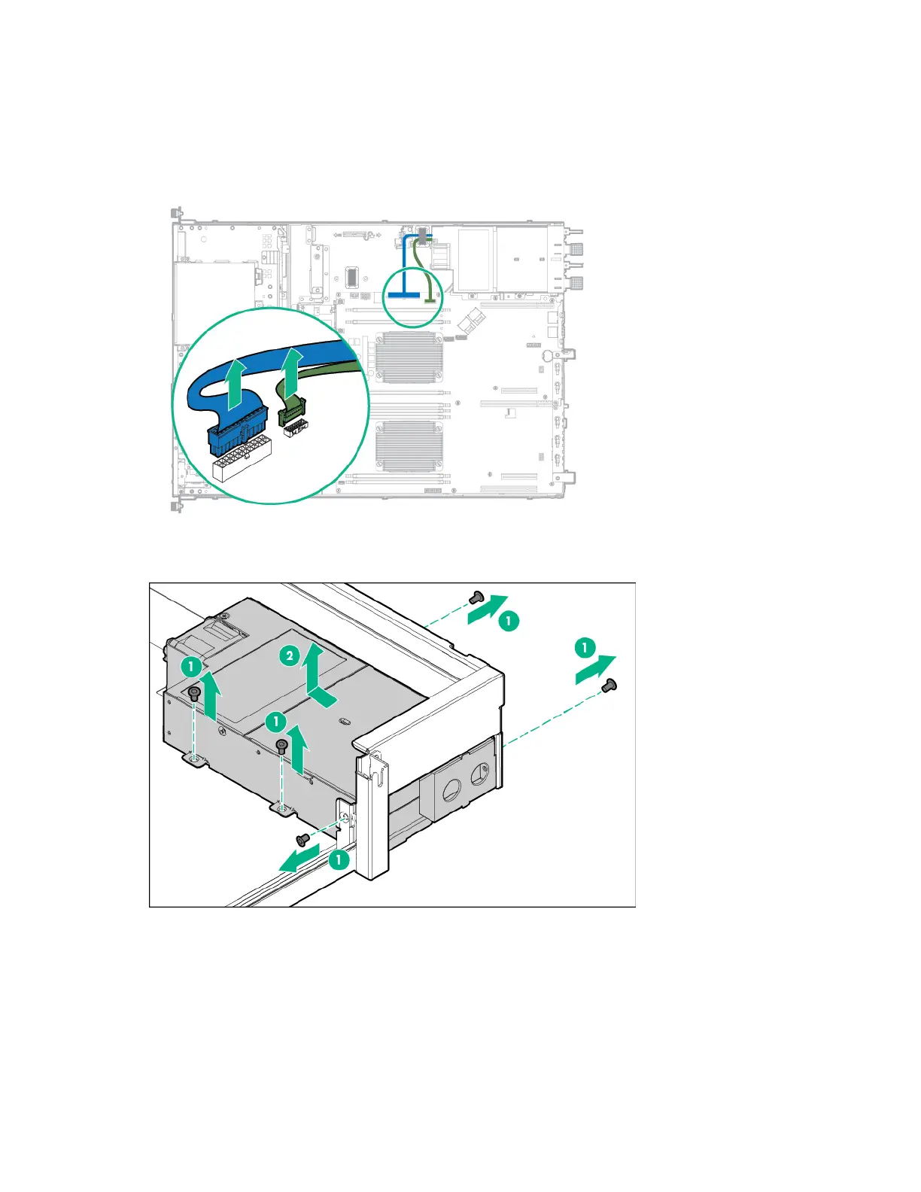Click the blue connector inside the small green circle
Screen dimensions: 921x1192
click(x=404, y=295)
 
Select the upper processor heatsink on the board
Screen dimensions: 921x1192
click(x=409, y=357)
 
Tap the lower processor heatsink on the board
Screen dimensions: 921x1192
click(x=409, y=445)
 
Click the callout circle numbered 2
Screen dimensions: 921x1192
click(x=290, y=656)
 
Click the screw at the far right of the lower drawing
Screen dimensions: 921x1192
click(x=609, y=685)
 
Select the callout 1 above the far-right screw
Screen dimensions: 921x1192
click(x=585, y=647)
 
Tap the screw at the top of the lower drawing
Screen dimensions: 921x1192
click(x=476, y=598)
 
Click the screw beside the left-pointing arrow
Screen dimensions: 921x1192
click(x=302, y=839)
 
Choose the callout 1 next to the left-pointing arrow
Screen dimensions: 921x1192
click(x=339, y=859)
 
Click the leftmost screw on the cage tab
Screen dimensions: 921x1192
click(x=194, y=694)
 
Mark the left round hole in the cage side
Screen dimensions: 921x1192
click(x=451, y=789)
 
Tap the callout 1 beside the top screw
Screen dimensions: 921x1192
click(x=509, y=621)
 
